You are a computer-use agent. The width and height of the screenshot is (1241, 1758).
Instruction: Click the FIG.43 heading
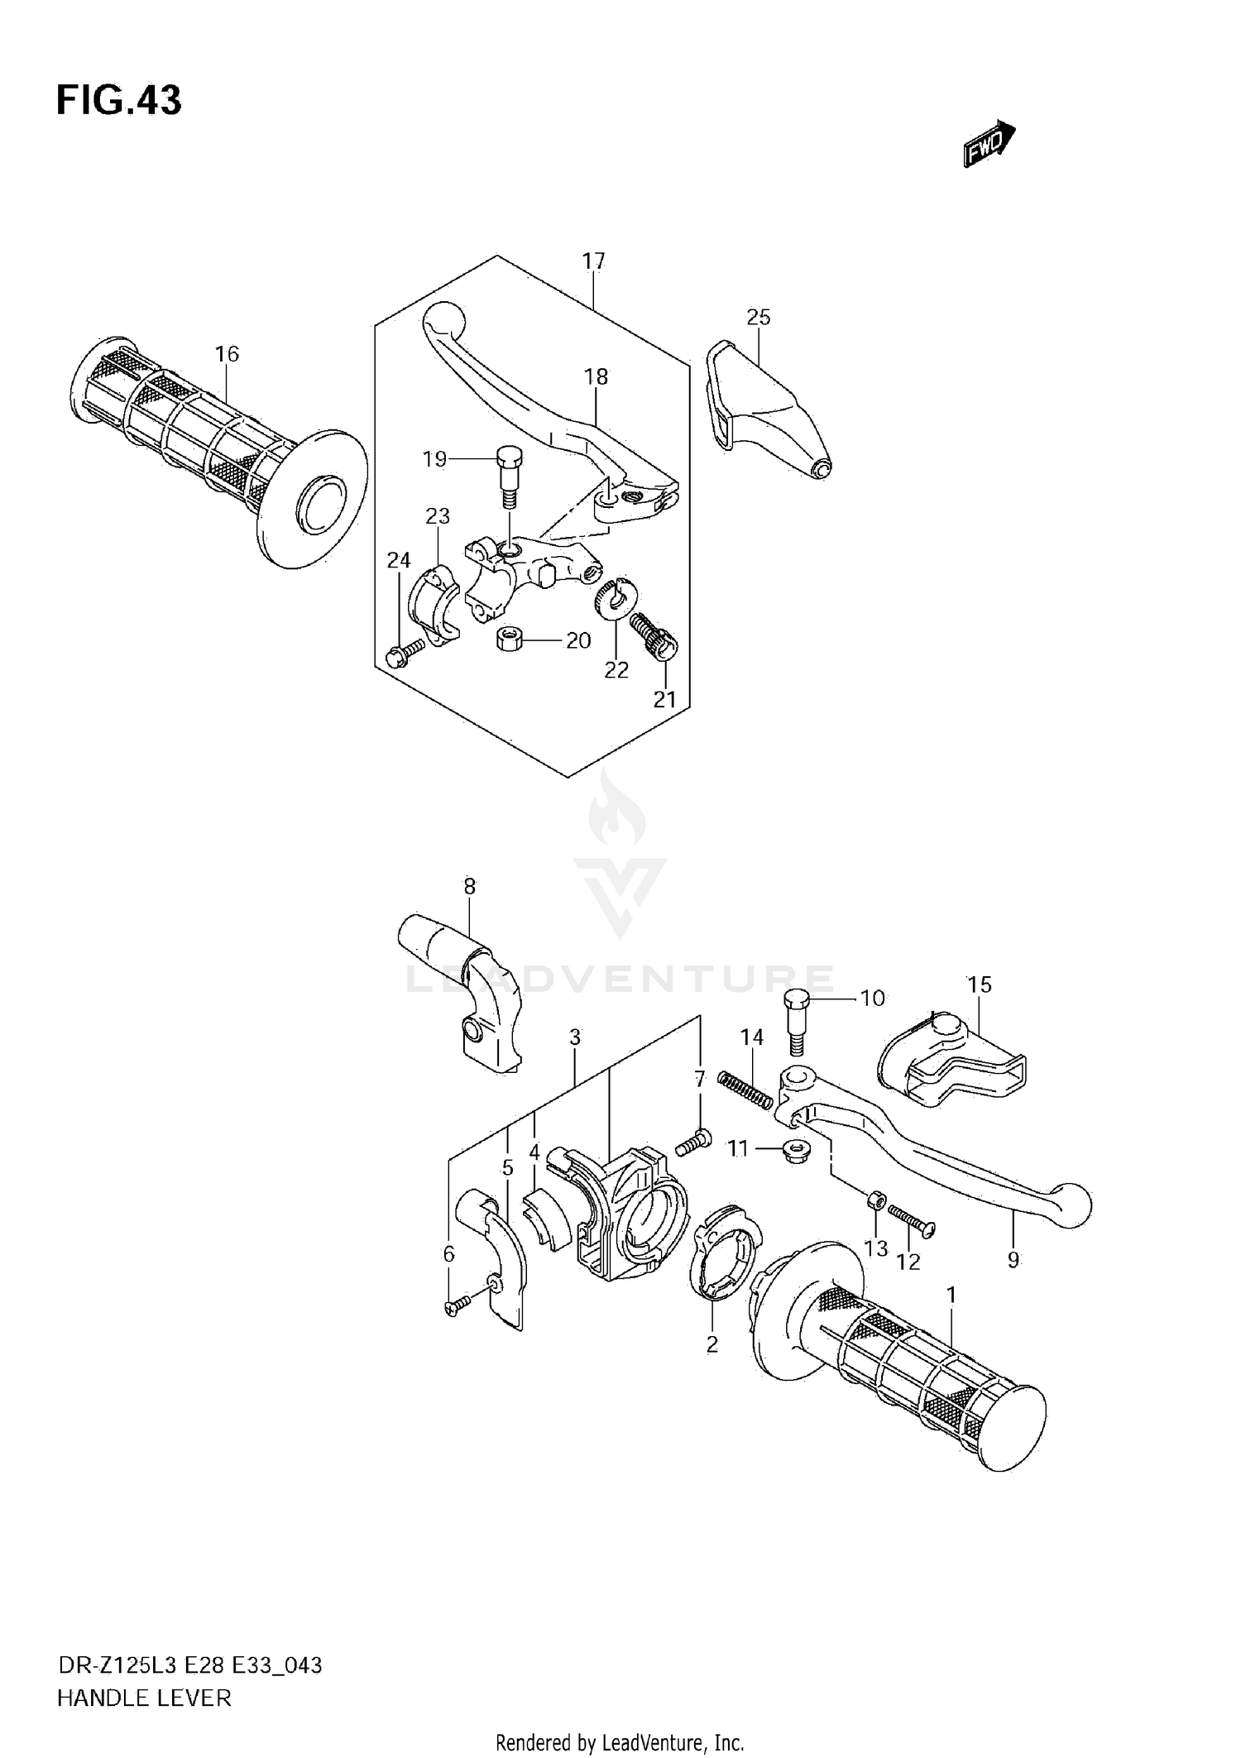point(118,101)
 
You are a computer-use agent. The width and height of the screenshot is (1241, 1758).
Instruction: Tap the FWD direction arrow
point(989,144)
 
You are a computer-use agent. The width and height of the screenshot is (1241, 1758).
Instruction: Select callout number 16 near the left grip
point(227,354)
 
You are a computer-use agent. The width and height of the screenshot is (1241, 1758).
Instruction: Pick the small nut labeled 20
point(507,639)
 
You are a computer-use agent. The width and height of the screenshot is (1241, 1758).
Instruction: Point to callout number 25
point(758,317)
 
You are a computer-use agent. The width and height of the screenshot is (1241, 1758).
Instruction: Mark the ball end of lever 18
point(443,319)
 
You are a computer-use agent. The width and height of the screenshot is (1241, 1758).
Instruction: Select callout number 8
point(469,887)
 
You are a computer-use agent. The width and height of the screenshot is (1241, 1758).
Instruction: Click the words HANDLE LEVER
point(144,1698)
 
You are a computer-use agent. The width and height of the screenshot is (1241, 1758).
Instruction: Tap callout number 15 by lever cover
point(980,984)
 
